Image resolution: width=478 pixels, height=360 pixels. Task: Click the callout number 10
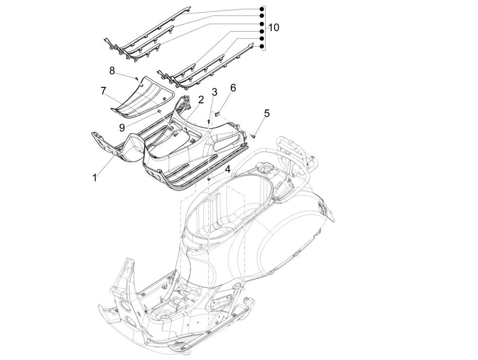273,28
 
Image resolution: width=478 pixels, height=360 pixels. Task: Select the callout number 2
200,100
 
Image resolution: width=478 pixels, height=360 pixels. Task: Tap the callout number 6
103,91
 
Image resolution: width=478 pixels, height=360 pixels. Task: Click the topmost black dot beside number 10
262,10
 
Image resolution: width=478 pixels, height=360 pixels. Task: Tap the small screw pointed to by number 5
255,135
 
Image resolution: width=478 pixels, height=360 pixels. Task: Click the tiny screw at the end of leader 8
136,78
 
